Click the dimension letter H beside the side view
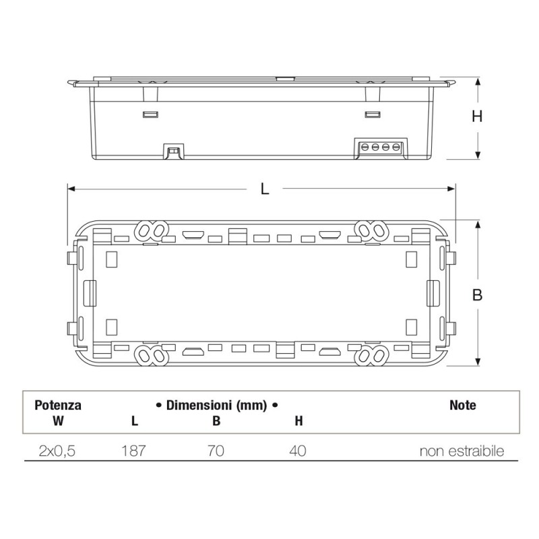pyautogui.click(x=477, y=116)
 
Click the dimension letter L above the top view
pyautogui.click(x=265, y=189)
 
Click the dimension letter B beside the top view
pyautogui.click(x=477, y=294)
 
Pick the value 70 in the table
pyautogui.click(x=216, y=451)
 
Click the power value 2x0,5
pyautogui.click(x=57, y=451)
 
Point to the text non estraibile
pyautogui.click(x=462, y=451)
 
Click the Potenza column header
pyautogui.click(x=58, y=406)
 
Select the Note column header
pyautogui.click(x=462, y=406)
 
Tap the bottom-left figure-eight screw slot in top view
pyautogui.click(x=151, y=355)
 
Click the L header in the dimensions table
pyautogui.click(x=135, y=422)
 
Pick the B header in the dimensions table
pyautogui.click(x=216, y=422)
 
